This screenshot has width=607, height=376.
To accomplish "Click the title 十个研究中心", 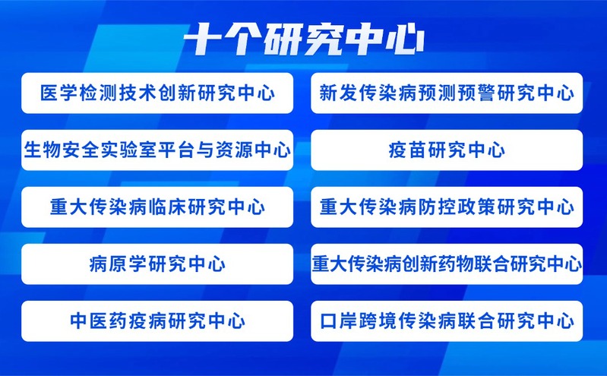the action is [x=304, y=39].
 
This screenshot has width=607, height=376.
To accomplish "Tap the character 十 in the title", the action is [x=204, y=39].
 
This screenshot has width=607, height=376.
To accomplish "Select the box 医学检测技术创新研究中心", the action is [x=157, y=93].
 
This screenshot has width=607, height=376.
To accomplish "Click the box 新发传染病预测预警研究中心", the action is [x=447, y=93].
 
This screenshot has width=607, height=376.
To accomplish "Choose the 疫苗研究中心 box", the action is [x=447, y=150].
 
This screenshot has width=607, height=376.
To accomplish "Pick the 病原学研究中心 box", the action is [x=157, y=264].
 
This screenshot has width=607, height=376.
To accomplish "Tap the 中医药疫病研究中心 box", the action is [x=157, y=321].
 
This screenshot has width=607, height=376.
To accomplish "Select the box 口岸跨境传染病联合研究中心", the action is [x=447, y=321].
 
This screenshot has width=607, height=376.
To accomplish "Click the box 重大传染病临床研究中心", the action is [x=157, y=207].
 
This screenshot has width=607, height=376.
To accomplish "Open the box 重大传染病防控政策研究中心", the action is [x=447, y=207].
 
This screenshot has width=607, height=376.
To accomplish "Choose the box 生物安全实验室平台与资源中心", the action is [x=157, y=150].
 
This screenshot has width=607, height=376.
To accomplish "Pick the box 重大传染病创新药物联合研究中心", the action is [x=447, y=264].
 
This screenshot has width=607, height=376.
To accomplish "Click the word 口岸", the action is [x=339, y=321].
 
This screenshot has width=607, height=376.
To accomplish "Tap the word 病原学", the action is [x=118, y=264].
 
